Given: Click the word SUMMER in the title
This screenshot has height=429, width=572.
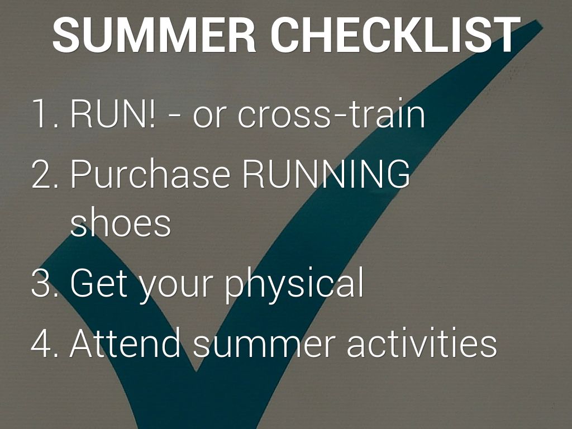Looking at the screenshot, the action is click(x=154, y=35).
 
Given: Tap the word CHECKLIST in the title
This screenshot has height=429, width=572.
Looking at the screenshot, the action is click(x=395, y=35).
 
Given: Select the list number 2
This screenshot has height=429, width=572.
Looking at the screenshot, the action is click(x=45, y=174).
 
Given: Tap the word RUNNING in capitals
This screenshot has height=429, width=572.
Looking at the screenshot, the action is click(x=326, y=174).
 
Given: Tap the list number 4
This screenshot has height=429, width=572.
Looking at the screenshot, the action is click(x=45, y=342).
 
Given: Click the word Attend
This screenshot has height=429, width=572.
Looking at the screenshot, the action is click(x=125, y=342).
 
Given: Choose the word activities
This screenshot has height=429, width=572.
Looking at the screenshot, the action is click(x=422, y=342).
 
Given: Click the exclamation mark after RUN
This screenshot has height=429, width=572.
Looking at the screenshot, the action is click(x=151, y=113).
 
